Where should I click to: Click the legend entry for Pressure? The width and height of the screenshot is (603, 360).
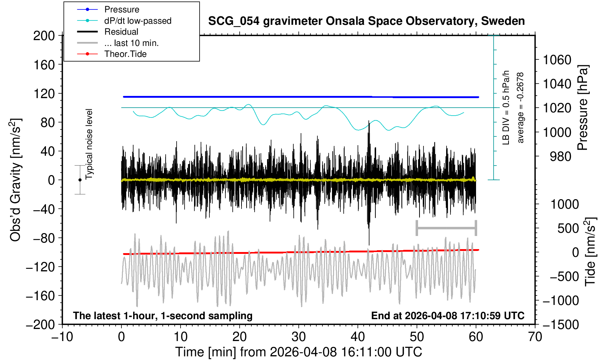point(121,9)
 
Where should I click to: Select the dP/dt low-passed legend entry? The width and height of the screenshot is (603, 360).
point(138,21)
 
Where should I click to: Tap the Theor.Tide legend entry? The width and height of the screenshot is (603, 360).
point(125,54)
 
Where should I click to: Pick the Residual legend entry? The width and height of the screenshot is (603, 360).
point(121,32)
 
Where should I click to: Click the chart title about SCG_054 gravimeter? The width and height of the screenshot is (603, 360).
point(366,21)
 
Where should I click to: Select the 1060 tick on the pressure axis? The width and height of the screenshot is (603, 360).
point(557,59)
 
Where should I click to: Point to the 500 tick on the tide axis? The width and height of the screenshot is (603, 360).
point(568,228)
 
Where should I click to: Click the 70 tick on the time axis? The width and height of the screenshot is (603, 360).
point(535,337)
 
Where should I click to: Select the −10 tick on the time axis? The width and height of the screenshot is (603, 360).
point(62,337)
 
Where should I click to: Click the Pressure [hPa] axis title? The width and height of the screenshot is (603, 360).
point(583,108)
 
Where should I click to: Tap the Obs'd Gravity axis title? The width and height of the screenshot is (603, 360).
point(15,180)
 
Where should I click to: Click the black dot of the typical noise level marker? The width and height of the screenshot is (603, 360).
point(80,180)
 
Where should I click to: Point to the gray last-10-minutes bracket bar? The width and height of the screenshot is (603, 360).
point(446,228)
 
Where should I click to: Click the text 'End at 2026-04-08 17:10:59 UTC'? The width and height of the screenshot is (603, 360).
point(448,316)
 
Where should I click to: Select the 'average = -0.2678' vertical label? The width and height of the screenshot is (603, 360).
point(521,108)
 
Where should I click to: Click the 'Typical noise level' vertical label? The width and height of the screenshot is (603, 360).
point(89,144)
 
